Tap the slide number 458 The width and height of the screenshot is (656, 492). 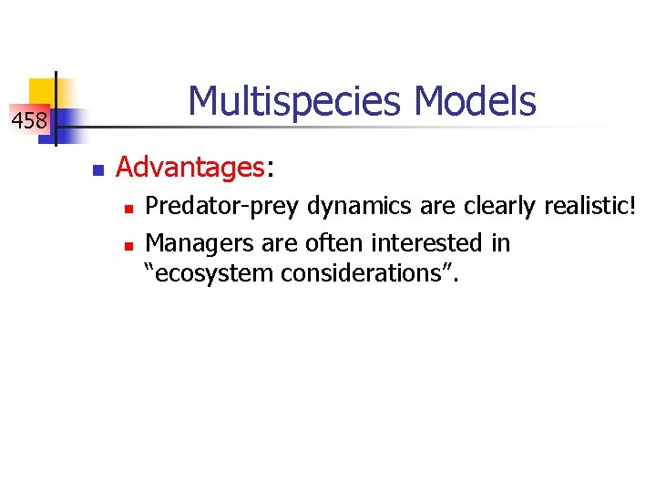tap(28, 119)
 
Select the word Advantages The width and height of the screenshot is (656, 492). tap(190, 168)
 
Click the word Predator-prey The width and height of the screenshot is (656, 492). tap(223, 208)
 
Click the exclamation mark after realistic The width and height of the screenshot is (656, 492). tap(630, 207)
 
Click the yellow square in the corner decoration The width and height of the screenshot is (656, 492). tap(41, 91)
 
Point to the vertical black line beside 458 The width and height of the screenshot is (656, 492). tap(56, 109)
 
